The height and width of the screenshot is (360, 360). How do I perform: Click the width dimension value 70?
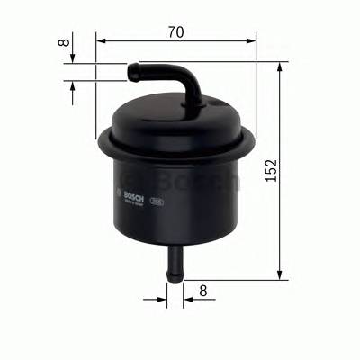tap(175, 31)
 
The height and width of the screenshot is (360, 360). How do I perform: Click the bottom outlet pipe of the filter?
tap(175, 260)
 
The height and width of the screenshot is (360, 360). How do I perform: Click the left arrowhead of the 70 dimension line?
tap(100, 40)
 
